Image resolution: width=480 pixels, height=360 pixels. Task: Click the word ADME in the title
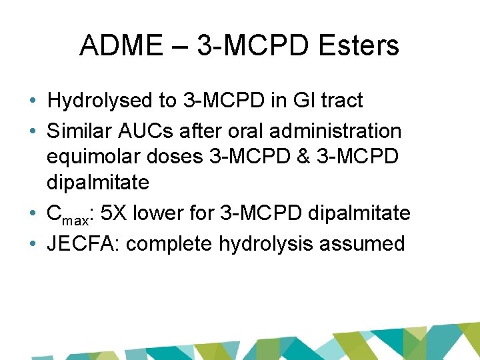pos(116,46)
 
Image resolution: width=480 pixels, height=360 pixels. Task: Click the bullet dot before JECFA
pos(33,244)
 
